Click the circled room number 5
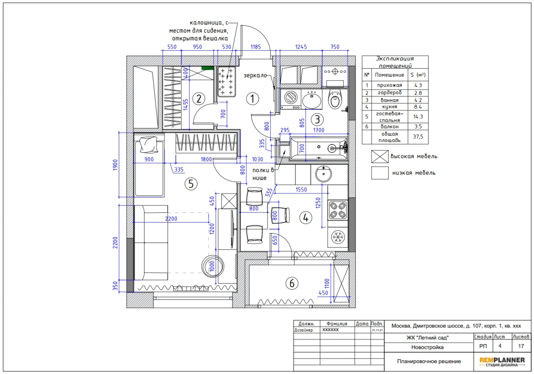coord(191,184)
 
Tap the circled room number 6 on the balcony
coord(292,283)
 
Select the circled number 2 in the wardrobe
coord(199,99)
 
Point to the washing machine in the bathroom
coord(290,98)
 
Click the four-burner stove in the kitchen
coord(337,210)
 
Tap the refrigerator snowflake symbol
coord(338,237)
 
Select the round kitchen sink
coord(323,175)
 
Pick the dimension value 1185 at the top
coord(256,47)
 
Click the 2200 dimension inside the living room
coord(171,219)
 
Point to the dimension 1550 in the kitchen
coord(301,189)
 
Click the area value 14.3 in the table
coord(418,117)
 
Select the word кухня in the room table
coord(389,106)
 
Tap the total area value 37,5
coord(418,137)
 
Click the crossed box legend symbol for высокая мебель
coord(380,157)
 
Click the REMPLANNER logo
coord(502,362)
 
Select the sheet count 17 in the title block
coord(521,346)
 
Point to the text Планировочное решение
coord(429,362)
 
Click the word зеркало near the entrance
coord(255,75)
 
